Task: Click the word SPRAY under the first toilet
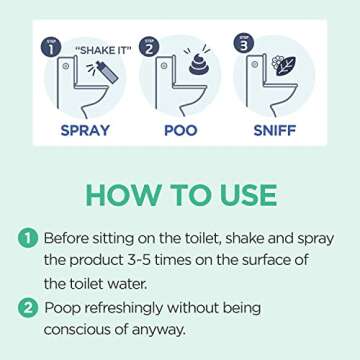pyautogui.click(x=85, y=131)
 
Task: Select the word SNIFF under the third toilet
pyautogui.click(x=274, y=131)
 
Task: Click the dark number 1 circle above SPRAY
pyautogui.click(x=49, y=46)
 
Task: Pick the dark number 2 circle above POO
pyautogui.click(x=150, y=46)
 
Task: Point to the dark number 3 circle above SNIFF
pyautogui.click(x=242, y=43)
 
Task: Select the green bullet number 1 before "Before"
pyautogui.click(x=27, y=237)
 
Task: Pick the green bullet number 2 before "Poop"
pyautogui.click(x=27, y=307)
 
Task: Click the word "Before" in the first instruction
pyautogui.click(x=73, y=237)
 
